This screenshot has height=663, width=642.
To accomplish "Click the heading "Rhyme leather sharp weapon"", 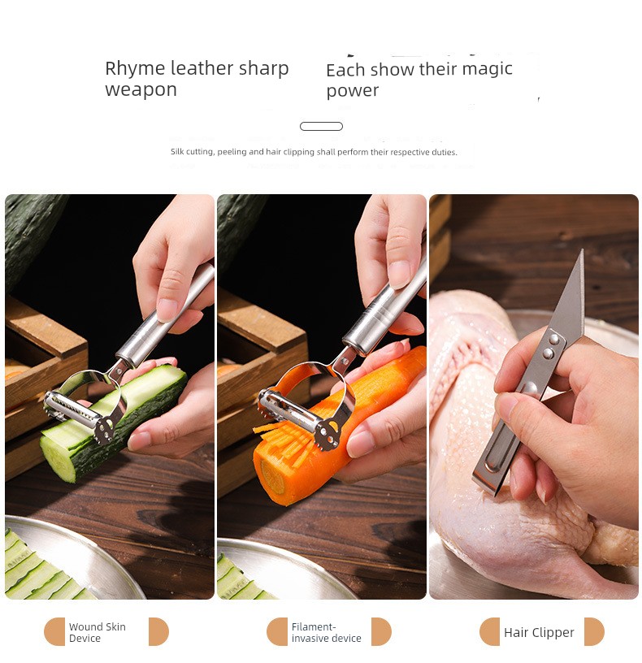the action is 197,79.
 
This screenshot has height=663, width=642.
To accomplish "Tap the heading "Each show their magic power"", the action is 419,80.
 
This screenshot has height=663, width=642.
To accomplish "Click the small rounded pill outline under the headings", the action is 322,126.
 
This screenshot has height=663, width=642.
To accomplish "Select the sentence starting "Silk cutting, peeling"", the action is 314,152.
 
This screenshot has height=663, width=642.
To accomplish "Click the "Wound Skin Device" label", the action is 98,632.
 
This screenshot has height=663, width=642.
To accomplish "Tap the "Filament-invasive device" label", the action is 326,632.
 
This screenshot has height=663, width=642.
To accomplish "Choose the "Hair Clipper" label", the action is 539,632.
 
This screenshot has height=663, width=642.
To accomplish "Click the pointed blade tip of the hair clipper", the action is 583,250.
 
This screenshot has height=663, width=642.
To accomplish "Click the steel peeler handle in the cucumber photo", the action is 165,315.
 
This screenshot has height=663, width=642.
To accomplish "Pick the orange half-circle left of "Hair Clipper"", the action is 489,631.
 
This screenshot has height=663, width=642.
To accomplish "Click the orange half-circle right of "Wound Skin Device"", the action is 158,631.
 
